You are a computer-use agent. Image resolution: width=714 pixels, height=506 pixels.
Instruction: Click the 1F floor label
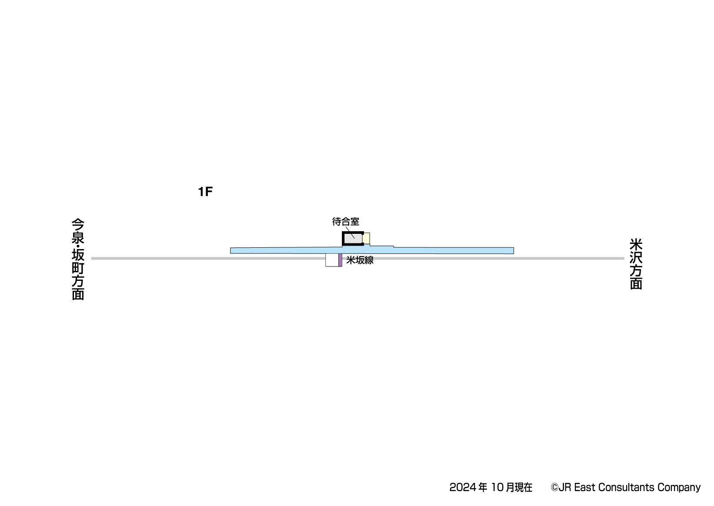[x=205, y=192]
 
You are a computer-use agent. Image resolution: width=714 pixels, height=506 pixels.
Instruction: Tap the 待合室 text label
[x=346, y=221]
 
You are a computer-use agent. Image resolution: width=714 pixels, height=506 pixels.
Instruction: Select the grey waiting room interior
[x=353, y=239]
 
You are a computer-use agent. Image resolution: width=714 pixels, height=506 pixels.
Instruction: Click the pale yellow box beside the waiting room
[x=366, y=239]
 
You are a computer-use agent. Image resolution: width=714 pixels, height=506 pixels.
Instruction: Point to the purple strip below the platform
[x=340, y=260]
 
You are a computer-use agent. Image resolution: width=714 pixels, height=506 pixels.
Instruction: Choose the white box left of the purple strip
[x=332, y=260]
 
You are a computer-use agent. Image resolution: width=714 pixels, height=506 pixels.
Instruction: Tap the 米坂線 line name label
[x=360, y=260]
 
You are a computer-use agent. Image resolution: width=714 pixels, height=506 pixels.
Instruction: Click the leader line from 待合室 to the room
[x=350, y=233]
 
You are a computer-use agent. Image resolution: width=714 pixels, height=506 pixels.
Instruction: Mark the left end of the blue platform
[x=231, y=251]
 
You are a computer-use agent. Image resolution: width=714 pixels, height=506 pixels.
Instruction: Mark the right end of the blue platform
[x=514, y=251]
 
